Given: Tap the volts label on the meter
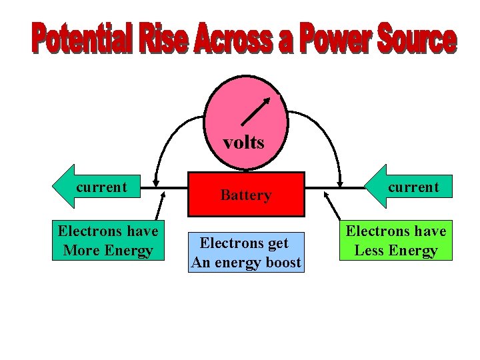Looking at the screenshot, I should (243, 142).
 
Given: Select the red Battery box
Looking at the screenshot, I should (246, 195).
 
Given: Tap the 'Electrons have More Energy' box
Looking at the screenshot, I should (108, 241).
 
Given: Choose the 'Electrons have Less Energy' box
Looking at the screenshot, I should (396, 241).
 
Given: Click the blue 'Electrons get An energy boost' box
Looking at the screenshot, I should (246, 253).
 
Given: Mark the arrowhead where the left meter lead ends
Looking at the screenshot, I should (155, 181).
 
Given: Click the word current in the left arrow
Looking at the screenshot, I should (101, 187).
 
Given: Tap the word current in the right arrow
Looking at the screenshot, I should (413, 187).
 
